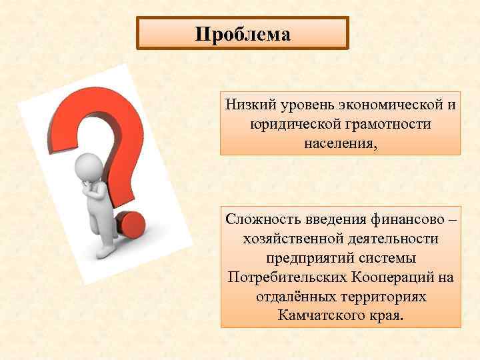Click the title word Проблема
(x=243, y=34)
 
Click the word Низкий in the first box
(x=247, y=105)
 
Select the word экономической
(x=373, y=105)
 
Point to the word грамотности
(x=393, y=124)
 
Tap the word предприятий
(x=301, y=257)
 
